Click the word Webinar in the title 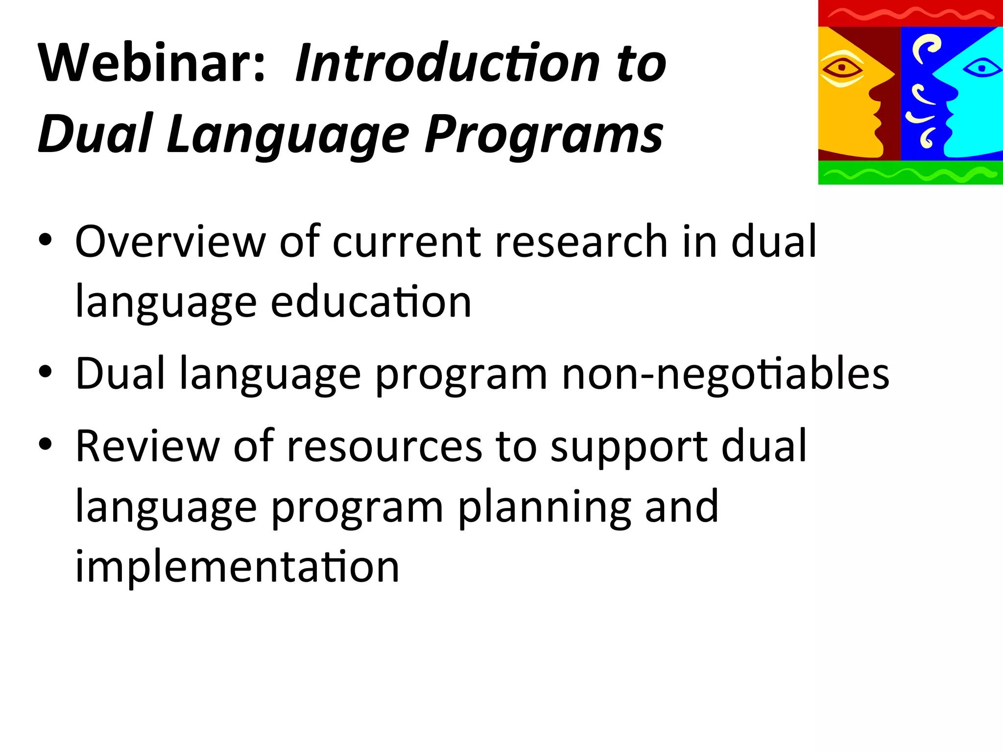152,64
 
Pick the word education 371,302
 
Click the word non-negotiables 725,374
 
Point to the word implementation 237,567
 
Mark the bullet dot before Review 46,446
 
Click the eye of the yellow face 841,68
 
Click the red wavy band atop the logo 910,13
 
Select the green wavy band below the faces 910,173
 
